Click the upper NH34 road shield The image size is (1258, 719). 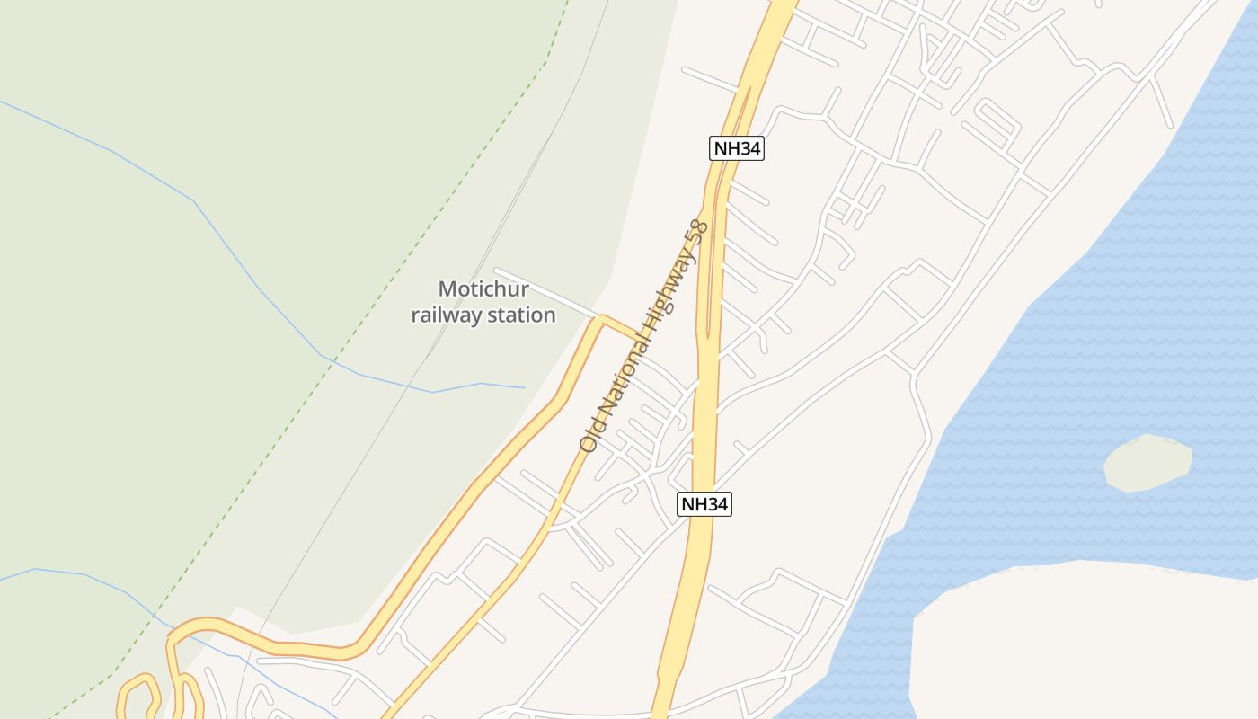tap(737, 148)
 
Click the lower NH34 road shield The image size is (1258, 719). tap(704, 504)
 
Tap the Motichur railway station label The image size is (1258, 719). tap(483, 302)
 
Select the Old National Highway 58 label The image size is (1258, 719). tap(643, 335)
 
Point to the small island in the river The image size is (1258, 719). tap(1147, 463)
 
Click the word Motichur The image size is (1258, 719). tap(483, 289)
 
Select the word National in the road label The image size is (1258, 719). tap(621, 377)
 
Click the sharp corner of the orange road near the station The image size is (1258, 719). tap(601, 317)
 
